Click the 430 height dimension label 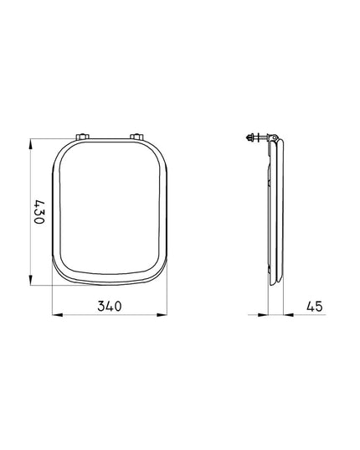[x=39, y=212]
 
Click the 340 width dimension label [x=110, y=306]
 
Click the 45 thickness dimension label [x=315, y=306]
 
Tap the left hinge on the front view [x=83, y=137]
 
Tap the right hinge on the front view [x=136, y=137]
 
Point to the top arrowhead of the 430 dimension [x=31, y=144]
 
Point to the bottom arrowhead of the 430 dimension [x=31, y=280]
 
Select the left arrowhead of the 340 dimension [x=57, y=315]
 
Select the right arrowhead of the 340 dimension [x=162, y=315]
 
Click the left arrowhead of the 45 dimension [x=263, y=315]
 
